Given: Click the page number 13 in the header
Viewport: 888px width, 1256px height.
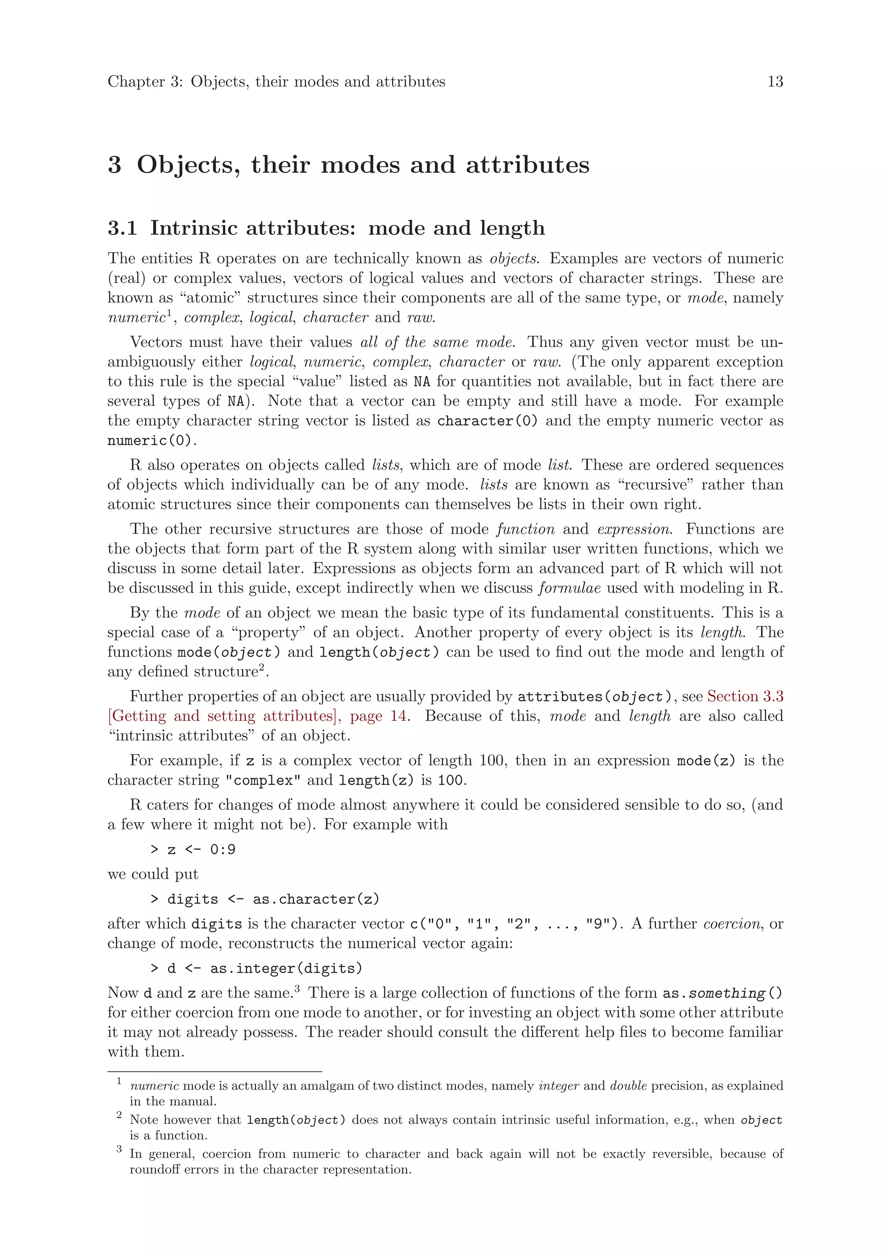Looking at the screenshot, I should pos(775,82).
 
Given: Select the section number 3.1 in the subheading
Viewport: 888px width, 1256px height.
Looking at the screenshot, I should pos(122,228).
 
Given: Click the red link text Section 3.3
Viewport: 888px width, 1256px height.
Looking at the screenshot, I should pos(745,697).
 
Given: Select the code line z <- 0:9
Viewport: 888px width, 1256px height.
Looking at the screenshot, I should pos(193,850).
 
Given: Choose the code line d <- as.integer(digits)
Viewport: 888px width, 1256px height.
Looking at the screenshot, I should pos(256,969).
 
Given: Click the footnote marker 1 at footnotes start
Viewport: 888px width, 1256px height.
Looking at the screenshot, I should pos(119,1081).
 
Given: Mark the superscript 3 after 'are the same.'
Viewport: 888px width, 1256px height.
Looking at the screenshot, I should pos(297,988).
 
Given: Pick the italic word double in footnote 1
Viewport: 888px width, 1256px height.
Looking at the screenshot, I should pos(628,1086).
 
